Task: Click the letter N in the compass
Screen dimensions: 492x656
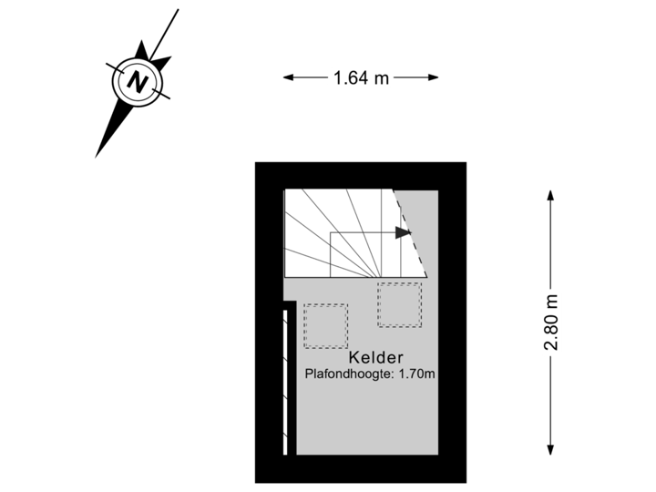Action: pyautogui.click(x=138, y=82)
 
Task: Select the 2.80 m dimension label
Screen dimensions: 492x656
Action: pyautogui.click(x=550, y=321)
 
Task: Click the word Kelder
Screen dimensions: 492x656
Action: pyautogui.click(x=375, y=358)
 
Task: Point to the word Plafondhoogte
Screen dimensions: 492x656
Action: pyautogui.click(x=350, y=374)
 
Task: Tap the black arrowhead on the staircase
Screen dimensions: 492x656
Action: pyautogui.click(x=402, y=233)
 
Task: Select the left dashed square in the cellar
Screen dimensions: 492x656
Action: pyautogui.click(x=325, y=325)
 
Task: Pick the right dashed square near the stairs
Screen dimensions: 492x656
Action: pyautogui.click(x=399, y=304)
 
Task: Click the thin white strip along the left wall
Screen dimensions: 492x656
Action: pyautogui.click(x=285, y=383)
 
